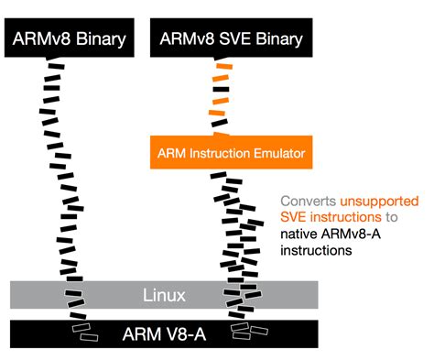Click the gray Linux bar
pos(164,295)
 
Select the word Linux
pos(164,295)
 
